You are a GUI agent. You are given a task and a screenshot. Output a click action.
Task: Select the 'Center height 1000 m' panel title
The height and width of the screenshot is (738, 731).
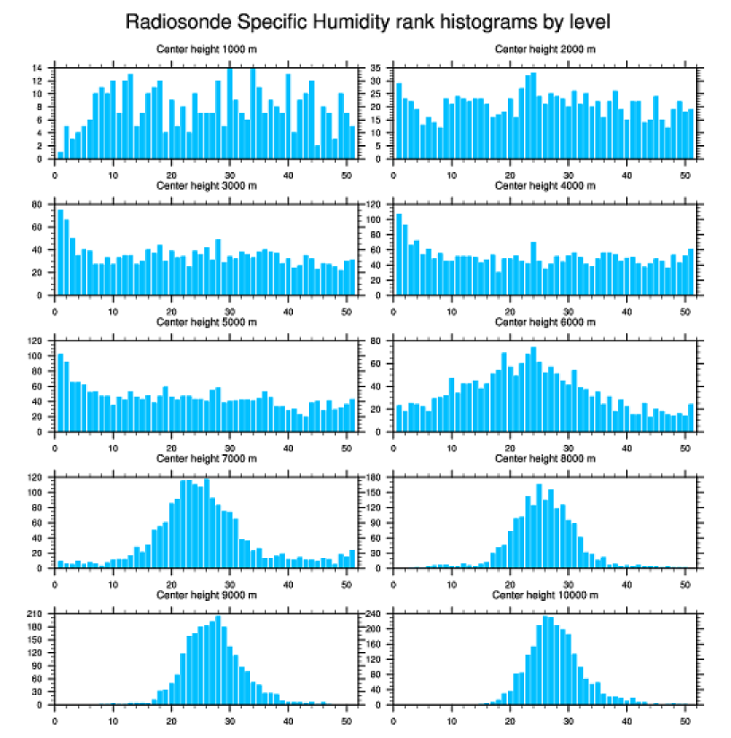point(206,48)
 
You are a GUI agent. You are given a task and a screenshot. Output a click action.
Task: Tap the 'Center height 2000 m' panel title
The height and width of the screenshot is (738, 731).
point(545,48)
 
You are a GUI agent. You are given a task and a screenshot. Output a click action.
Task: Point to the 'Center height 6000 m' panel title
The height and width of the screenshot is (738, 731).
point(545,322)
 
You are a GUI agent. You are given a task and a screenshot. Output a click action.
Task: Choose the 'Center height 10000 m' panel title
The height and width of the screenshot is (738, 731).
point(545,596)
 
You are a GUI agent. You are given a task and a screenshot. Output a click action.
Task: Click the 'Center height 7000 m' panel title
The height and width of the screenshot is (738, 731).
point(206,459)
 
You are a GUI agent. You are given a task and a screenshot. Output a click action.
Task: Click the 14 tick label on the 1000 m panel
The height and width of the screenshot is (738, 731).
point(39,68)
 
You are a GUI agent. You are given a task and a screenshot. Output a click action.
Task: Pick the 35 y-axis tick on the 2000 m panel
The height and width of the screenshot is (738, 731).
point(378,68)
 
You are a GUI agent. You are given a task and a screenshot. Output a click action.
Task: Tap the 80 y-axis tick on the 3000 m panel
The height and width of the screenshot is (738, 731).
point(39,205)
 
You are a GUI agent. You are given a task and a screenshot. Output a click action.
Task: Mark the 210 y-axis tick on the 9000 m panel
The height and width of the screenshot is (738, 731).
point(36,614)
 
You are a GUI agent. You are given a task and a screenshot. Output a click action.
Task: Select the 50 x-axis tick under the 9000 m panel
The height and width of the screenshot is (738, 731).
point(347,718)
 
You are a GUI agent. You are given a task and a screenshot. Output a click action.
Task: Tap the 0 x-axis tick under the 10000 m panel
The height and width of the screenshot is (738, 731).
point(393,718)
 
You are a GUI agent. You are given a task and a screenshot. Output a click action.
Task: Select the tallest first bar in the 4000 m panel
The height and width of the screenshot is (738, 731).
point(400,254)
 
